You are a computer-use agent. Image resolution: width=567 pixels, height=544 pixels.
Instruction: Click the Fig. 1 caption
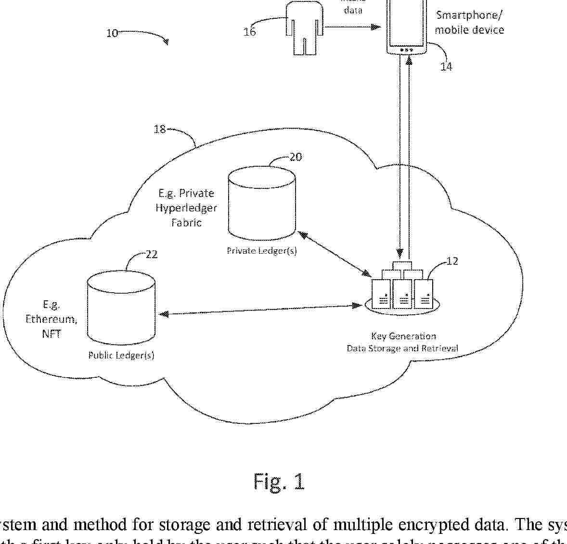[279, 481]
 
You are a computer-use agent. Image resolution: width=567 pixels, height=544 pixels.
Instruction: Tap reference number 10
[112, 33]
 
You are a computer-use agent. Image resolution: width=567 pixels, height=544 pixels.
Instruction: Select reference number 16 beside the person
[249, 32]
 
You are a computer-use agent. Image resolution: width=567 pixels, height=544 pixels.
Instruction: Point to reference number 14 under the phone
[446, 66]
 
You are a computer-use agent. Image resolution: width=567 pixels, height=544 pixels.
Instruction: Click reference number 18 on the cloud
[159, 129]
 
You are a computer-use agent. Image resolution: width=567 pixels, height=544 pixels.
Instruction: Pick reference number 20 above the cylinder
[296, 157]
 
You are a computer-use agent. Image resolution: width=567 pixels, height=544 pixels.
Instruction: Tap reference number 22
[151, 254]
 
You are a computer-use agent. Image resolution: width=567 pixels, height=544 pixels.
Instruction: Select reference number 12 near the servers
[452, 261]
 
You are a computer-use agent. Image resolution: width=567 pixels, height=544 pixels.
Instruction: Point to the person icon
[304, 26]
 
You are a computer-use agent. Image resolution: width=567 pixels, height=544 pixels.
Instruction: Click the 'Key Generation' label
[403, 336]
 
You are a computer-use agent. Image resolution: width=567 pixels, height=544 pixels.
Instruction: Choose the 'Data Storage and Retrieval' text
[402, 348]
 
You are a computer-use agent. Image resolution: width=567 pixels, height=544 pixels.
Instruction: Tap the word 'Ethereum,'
[51, 319]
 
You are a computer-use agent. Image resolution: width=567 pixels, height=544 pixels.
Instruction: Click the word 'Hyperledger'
[186, 208]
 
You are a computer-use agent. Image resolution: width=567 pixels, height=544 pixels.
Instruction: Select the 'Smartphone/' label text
[469, 15]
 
